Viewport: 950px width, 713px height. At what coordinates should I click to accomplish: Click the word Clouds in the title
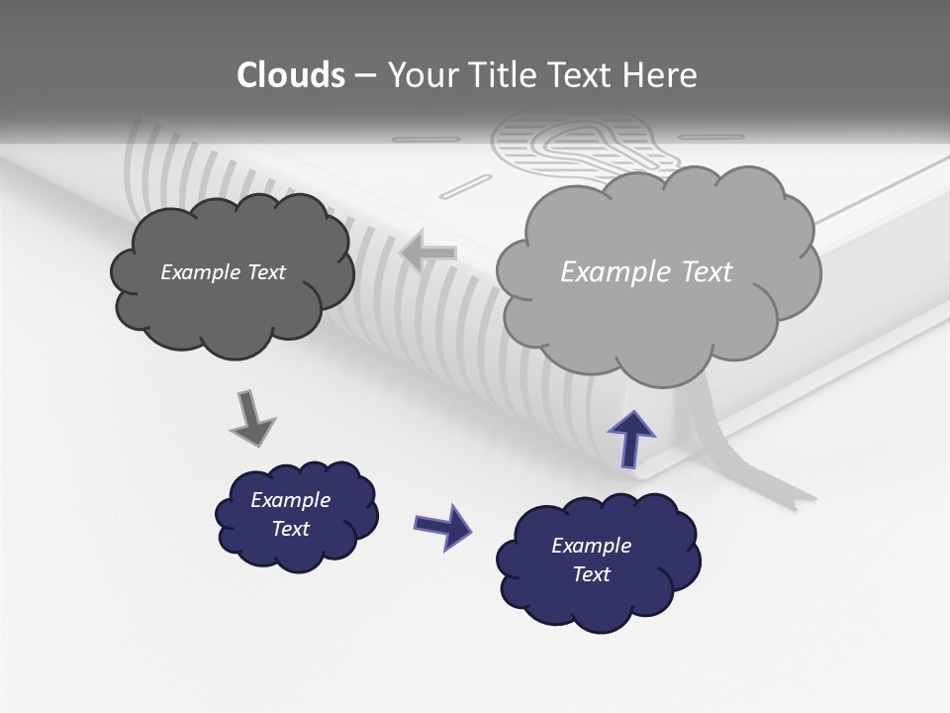[291, 75]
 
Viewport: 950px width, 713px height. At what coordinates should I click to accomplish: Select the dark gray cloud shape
[232, 273]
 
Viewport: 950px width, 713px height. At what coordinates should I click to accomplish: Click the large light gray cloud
[657, 272]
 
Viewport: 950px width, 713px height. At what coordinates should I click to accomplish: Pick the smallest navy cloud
[296, 515]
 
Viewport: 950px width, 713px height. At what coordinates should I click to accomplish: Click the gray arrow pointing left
[428, 253]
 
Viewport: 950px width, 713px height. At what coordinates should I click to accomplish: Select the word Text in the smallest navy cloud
[291, 529]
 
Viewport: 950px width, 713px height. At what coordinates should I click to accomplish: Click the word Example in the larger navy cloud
[591, 546]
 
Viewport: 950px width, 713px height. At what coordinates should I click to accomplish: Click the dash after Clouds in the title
[364, 76]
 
